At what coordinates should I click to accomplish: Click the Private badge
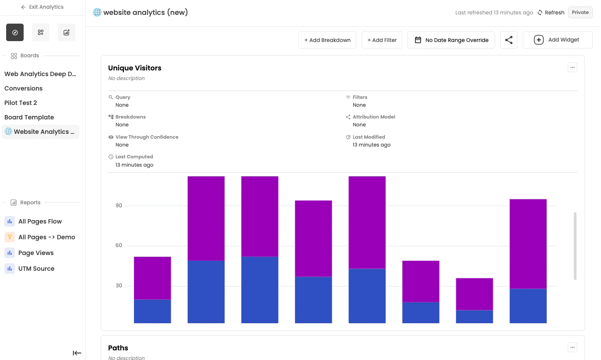[x=580, y=12]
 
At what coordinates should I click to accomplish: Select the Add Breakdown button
[x=327, y=40]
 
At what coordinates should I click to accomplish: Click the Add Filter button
[x=382, y=40]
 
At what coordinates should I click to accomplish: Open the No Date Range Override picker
[x=451, y=40]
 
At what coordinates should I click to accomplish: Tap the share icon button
[x=509, y=40]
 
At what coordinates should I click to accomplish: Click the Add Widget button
[x=557, y=40]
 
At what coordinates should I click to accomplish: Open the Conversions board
[x=24, y=88]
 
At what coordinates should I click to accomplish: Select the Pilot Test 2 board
[x=21, y=103]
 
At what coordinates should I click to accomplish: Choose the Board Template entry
[x=29, y=117]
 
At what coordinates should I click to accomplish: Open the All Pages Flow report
[x=40, y=221]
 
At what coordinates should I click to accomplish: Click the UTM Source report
[x=36, y=269]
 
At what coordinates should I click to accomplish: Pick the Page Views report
[x=36, y=253]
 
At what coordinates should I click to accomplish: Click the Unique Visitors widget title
[x=135, y=68]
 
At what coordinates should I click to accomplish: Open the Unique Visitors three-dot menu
[x=572, y=67]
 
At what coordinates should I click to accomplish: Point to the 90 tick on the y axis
[x=119, y=206]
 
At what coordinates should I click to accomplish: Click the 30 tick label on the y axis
[x=119, y=286]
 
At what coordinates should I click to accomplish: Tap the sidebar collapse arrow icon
[x=77, y=353]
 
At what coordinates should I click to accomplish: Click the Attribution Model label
[x=374, y=117]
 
